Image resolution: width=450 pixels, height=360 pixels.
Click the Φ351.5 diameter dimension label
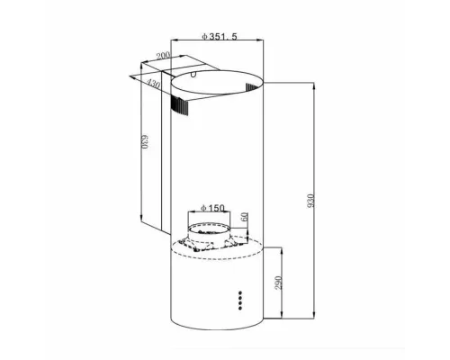point(218,36)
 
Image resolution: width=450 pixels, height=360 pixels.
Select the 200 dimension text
point(162,57)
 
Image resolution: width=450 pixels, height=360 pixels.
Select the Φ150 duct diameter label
point(213,209)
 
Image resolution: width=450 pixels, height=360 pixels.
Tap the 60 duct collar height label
point(244,219)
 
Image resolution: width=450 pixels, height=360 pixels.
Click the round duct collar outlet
point(212,236)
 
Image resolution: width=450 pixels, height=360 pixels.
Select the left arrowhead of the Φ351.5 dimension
point(174,43)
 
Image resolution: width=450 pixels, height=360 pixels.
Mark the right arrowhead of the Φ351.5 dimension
point(263,43)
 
